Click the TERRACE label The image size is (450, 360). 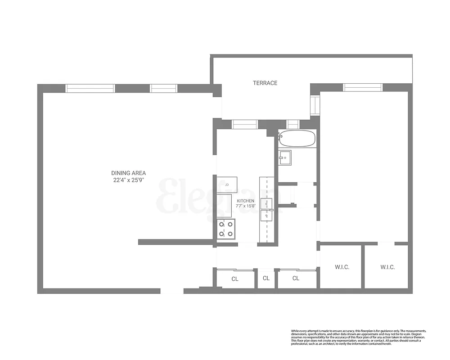tap(265, 83)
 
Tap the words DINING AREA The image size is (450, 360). tap(129, 173)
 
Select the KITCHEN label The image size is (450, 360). tap(246, 201)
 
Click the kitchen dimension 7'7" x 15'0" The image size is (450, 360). tap(246, 206)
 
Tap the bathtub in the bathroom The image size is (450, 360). tap(297, 139)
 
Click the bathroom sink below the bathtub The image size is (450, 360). tap(285, 157)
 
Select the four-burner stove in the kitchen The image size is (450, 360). tap(226, 229)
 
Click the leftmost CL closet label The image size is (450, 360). tap(235, 279)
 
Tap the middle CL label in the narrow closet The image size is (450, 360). tap(266, 279)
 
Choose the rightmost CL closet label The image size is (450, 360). tap(296, 279)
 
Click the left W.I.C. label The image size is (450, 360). tap(342, 267)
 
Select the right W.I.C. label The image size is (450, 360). tap(387, 267)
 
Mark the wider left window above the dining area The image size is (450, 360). tap(90, 89)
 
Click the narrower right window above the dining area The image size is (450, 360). tap(164, 89)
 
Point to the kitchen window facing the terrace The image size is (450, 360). tap(245, 124)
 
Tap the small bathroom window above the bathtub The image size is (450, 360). tap(293, 124)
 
